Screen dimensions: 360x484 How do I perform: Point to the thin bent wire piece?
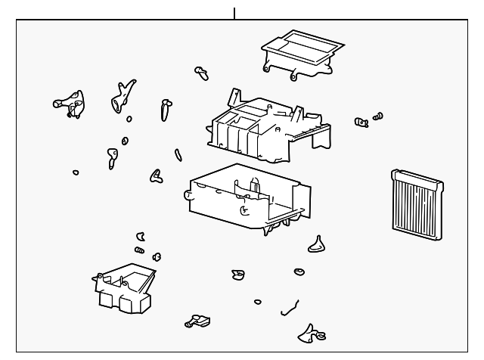point(289,306)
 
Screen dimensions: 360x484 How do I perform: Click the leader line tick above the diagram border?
point(234,12)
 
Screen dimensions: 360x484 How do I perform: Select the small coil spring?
point(139,250)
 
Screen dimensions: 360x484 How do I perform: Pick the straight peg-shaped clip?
point(165,110)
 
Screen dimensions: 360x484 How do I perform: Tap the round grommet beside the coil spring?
point(157,256)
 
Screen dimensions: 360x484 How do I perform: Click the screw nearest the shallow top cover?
point(201,73)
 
